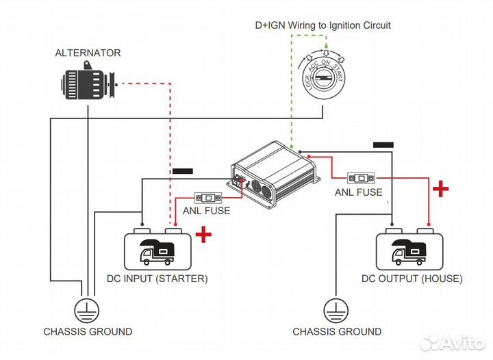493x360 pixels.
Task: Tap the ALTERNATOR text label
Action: pos(88,53)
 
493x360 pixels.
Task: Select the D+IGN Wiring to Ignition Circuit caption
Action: pos(323,25)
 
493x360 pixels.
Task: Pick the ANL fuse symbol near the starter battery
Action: pos(208,198)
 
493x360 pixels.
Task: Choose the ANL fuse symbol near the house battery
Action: pos(362,179)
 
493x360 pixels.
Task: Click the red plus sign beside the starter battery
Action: pos(203,235)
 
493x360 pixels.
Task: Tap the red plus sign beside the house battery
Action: pos(440,189)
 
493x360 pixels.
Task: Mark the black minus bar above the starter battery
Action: pos(183,171)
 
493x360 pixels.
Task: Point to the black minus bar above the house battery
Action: pos(383,145)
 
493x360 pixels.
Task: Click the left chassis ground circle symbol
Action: pos(86,310)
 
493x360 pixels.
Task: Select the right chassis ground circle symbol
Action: pos(336,310)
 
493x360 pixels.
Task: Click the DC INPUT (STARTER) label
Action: pos(157,279)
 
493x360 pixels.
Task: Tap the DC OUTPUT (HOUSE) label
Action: pos(412,279)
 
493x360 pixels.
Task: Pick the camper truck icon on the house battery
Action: pos(409,252)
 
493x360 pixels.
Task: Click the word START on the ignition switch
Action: pos(338,73)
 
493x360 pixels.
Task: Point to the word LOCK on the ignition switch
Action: pos(307,82)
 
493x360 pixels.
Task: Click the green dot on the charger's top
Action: pos(292,146)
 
